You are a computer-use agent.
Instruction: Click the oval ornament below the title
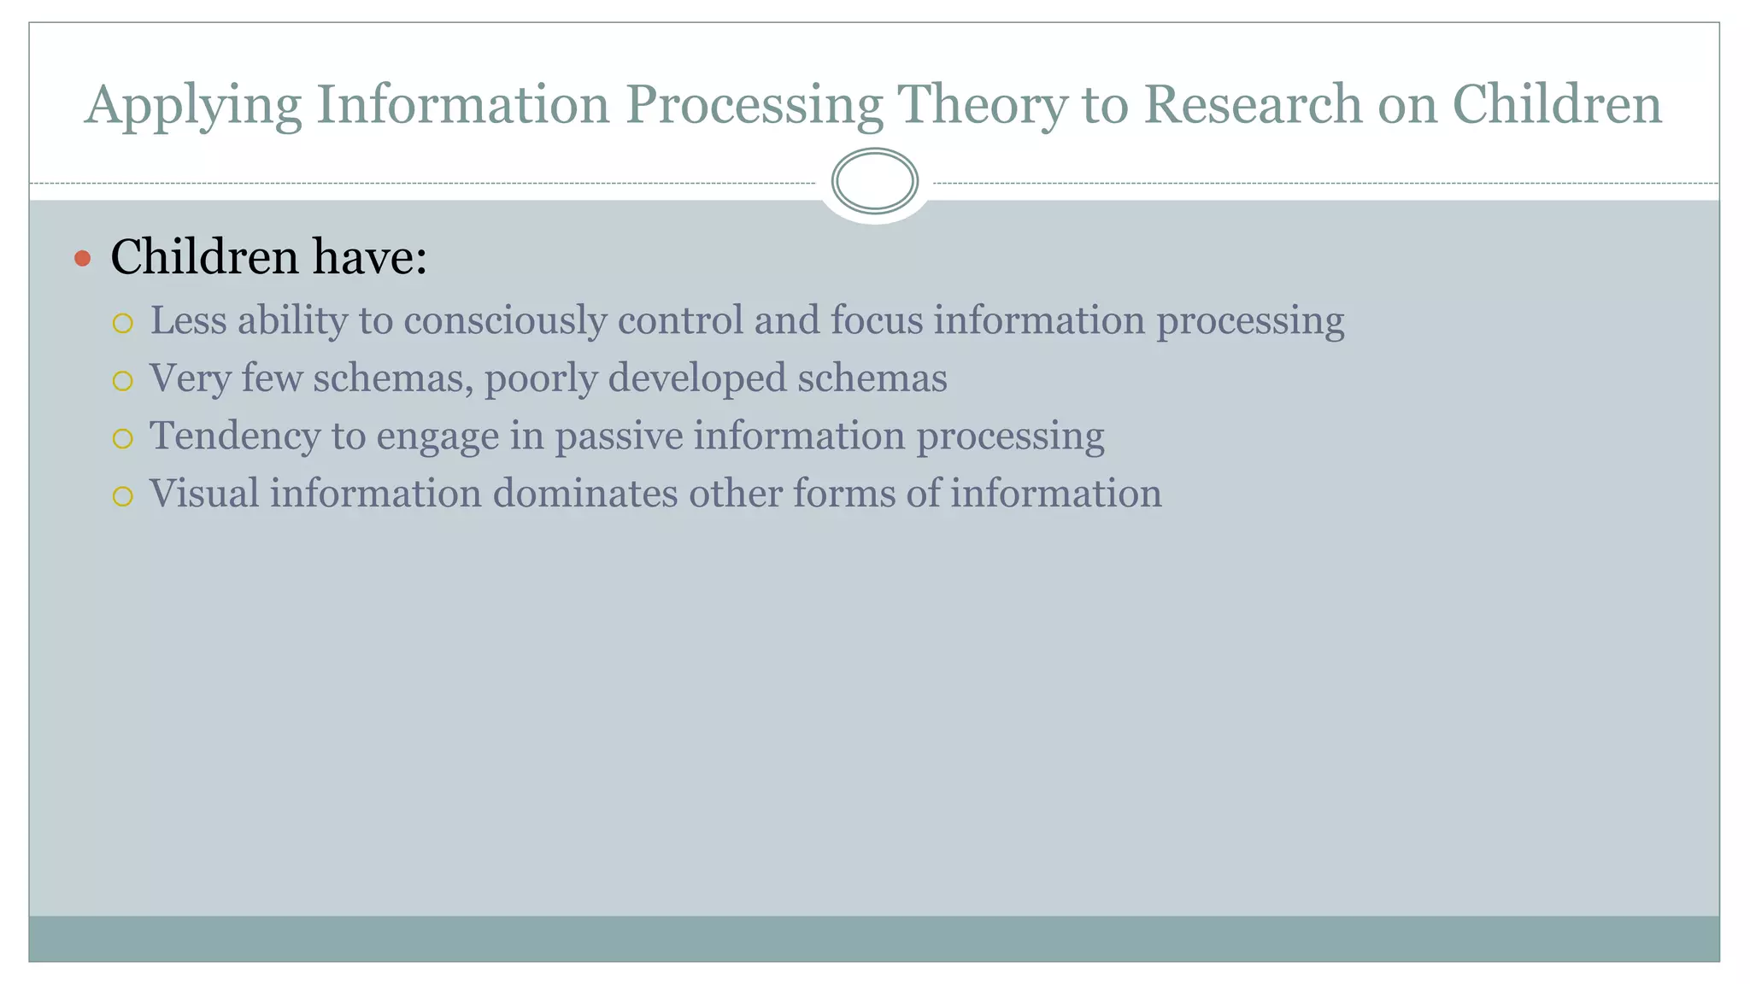[874, 181]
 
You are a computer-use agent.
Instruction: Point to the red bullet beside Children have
[83, 258]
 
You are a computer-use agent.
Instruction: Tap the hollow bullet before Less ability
[123, 323]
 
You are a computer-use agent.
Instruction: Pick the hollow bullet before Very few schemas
[123, 380]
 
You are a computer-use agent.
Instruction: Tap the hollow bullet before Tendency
[123, 438]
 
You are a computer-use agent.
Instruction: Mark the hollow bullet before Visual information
[123, 496]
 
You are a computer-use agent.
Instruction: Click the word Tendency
[235, 436]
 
